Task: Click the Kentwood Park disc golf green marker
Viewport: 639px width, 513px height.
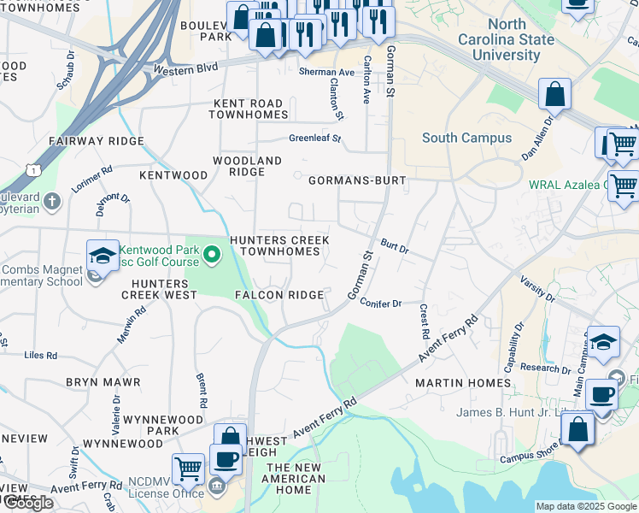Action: coord(214,254)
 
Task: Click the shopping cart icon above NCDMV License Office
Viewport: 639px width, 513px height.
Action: coord(188,468)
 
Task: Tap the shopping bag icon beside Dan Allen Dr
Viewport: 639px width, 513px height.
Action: coord(554,94)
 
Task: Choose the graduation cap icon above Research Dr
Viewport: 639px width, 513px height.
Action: coord(602,341)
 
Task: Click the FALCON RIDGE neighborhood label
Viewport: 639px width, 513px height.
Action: coord(280,295)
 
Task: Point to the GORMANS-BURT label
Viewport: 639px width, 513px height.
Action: coord(356,181)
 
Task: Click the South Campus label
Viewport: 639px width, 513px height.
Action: coord(466,138)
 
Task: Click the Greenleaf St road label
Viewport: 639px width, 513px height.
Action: coord(314,138)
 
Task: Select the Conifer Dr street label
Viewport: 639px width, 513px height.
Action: coord(380,303)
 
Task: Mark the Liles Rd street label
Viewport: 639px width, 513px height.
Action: coord(40,355)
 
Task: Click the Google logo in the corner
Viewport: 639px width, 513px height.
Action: coord(27,503)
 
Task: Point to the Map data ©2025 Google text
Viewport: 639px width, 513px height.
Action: coord(585,506)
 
